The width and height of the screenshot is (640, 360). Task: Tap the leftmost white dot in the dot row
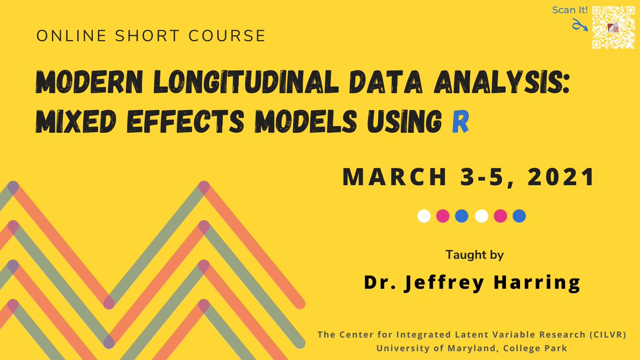(x=425, y=216)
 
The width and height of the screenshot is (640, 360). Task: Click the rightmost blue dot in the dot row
(x=519, y=216)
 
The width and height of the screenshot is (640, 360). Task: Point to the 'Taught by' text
(x=475, y=255)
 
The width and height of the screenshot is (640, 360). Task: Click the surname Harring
(x=539, y=283)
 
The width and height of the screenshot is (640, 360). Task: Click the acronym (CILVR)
(x=609, y=335)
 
